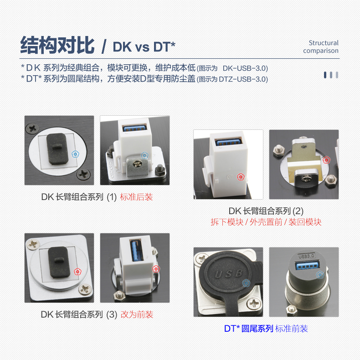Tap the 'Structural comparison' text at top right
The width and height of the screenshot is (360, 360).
pyautogui.click(x=321, y=46)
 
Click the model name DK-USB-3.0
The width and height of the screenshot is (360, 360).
pyautogui.click(x=245, y=68)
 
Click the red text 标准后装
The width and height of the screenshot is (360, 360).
pyautogui.click(x=136, y=197)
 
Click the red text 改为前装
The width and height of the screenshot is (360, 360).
pyautogui.click(x=137, y=314)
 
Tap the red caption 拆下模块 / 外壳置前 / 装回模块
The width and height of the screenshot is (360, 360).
pyautogui.click(x=266, y=222)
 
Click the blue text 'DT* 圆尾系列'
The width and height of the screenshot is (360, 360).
pyautogui.click(x=248, y=329)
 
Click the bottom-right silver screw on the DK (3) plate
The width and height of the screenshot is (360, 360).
pyautogui.click(x=84, y=289)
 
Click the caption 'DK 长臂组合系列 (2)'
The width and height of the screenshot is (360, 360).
pyautogui.click(x=266, y=211)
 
